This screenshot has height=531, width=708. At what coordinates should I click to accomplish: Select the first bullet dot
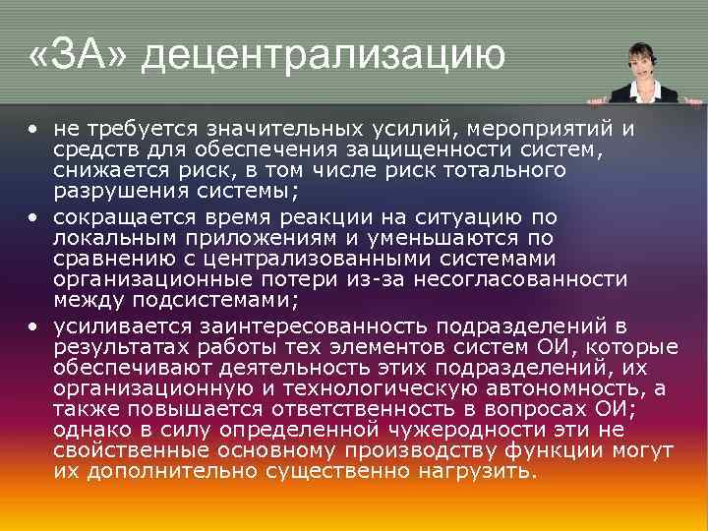34,129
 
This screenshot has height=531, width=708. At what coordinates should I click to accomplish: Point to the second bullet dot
34,217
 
